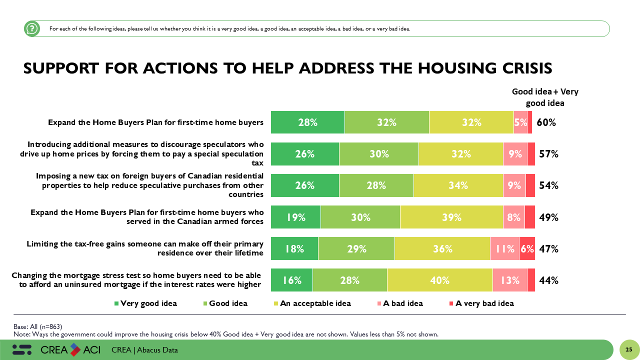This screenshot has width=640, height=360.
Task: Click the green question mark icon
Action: [x=32, y=29]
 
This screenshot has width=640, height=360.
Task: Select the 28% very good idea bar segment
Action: [x=307, y=122]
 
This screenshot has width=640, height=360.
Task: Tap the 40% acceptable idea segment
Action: [x=439, y=280]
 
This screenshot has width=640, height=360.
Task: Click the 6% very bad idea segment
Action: [x=527, y=248]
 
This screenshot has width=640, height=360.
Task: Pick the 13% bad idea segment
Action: [x=509, y=280]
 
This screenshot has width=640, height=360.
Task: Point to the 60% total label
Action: [x=546, y=122]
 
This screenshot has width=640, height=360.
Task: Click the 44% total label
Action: [x=548, y=280]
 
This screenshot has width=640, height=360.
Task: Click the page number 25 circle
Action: [x=629, y=349]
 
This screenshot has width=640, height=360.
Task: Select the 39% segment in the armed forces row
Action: [x=451, y=217]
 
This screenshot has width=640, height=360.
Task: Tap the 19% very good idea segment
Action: [x=295, y=217]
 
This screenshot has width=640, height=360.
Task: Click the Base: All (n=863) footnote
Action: [x=38, y=326]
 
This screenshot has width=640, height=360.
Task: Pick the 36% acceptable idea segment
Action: [x=442, y=248]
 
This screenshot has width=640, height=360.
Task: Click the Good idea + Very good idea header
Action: [x=544, y=97]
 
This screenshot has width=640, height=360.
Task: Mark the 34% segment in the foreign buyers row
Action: [x=457, y=185]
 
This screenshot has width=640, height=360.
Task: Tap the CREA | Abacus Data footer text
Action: [x=144, y=350]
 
